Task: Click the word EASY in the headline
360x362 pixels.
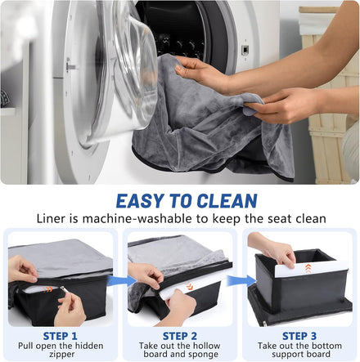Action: [x=140, y=201]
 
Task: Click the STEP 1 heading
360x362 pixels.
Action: [x=61, y=336]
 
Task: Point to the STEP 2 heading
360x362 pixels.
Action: [x=180, y=336]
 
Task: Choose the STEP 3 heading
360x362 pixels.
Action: [x=299, y=336]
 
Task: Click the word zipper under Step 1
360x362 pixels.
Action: [x=62, y=355]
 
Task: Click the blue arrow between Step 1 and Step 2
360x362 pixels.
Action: [x=118, y=280]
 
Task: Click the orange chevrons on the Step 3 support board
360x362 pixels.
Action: [x=308, y=268]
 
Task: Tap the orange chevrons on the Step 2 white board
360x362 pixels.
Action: [x=189, y=286]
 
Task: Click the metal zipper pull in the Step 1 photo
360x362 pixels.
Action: [x=63, y=289]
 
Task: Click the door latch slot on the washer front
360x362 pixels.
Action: [x=245, y=50]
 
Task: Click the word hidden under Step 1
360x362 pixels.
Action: [x=89, y=346]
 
